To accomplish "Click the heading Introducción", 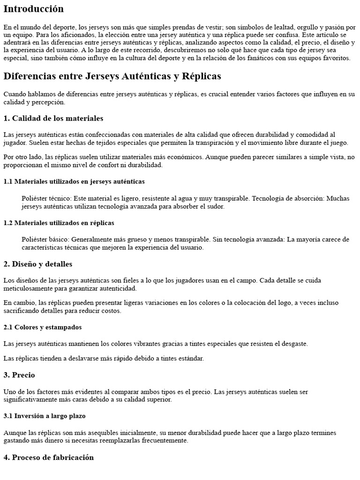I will pos(33,9).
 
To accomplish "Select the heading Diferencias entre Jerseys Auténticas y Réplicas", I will pos(112,76).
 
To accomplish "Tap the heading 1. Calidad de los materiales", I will pos(53,118).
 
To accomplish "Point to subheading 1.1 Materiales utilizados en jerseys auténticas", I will pos(74,181).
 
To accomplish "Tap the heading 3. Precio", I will pos(19,375).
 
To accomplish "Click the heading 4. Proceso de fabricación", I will pos(49,457).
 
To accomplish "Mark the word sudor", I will pos(216,206).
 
